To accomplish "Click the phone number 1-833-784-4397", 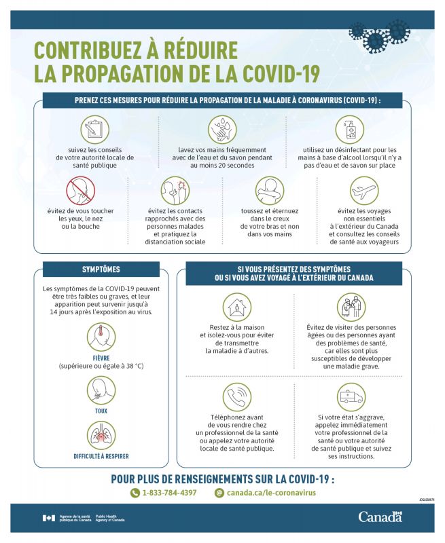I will (x=169, y=493).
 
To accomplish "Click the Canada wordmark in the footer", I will (x=380, y=517).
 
